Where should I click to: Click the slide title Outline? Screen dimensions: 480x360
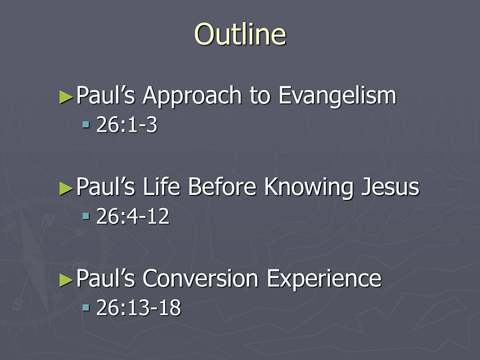(240, 34)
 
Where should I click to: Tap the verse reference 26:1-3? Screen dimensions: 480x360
(127, 125)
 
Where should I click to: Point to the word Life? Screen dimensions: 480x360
(161, 187)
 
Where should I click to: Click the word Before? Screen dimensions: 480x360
(222, 187)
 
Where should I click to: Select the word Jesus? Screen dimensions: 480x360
(390, 187)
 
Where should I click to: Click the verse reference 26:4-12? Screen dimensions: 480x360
(133, 216)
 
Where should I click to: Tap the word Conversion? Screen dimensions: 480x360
(200, 278)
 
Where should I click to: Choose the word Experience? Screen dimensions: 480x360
(324, 280)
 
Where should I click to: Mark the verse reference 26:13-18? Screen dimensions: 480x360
(139, 308)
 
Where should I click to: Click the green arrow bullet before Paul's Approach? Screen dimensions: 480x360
(66, 97)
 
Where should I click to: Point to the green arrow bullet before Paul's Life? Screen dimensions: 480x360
(66, 188)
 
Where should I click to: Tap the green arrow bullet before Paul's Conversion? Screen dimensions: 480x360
(66, 280)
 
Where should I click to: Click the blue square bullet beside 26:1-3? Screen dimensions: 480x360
(86, 125)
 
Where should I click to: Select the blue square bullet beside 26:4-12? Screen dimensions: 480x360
(86, 216)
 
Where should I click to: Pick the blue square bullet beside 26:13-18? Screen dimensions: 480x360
(86, 308)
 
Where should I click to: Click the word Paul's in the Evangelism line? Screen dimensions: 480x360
(105, 95)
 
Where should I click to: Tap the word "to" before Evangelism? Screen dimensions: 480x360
(260, 96)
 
